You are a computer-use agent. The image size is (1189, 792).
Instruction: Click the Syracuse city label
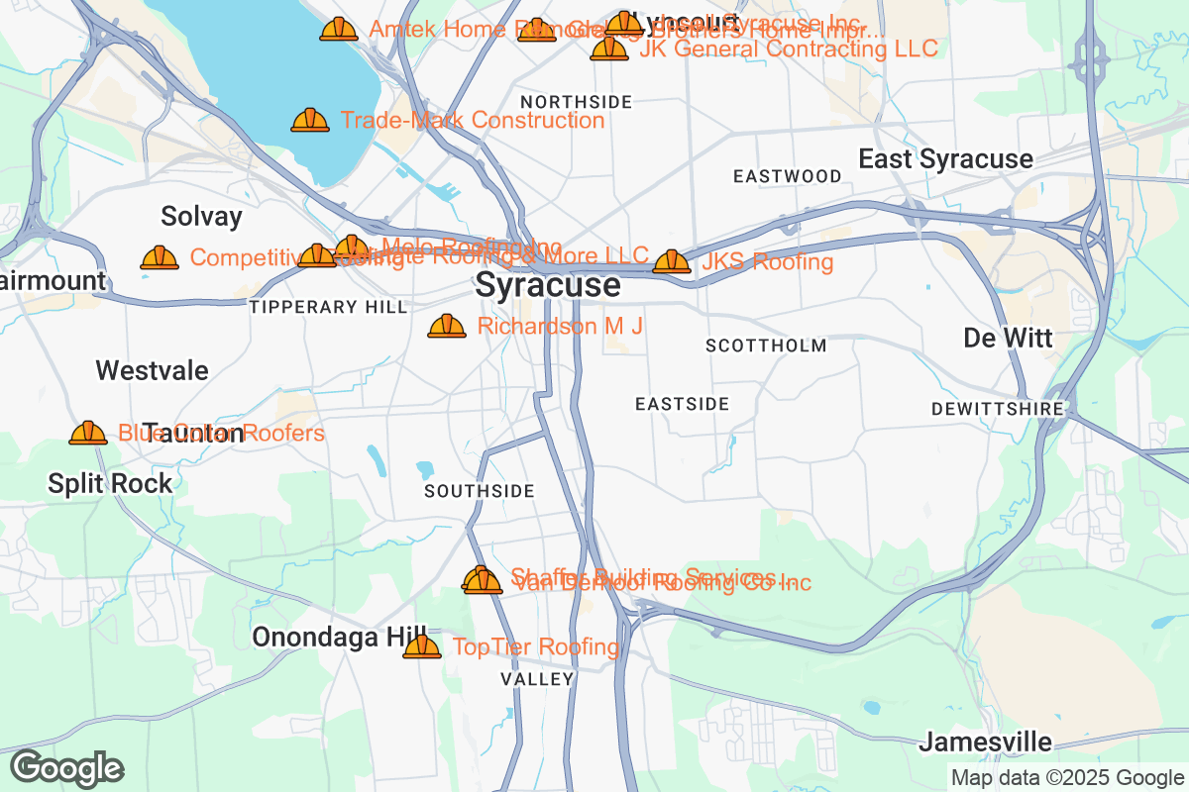click(548, 285)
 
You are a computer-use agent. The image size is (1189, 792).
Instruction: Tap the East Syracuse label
click(945, 158)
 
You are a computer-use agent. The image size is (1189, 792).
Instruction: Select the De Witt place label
click(1008, 338)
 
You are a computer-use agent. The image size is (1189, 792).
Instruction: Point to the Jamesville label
click(985, 742)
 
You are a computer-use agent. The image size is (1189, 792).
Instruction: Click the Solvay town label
click(201, 216)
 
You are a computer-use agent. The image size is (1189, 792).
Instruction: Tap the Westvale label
click(152, 370)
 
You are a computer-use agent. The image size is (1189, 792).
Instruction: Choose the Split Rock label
click(110, 483)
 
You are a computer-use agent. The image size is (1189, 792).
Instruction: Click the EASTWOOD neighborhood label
click(788, 176)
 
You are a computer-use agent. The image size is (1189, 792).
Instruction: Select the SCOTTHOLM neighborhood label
click(766, 346)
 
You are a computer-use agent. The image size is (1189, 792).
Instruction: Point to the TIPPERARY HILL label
click(328, 307)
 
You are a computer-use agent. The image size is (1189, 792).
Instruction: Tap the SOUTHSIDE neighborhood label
click(480, 491)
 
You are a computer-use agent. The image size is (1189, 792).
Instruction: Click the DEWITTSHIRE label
click(997, 409)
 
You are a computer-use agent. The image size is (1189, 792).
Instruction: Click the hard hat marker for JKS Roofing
click(672, 261)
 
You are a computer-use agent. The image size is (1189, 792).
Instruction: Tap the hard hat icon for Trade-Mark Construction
click(310, 120)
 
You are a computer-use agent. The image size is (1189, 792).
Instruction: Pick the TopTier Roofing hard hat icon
click(421, 646)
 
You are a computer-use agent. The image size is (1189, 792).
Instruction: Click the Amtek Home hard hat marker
click(339, 29)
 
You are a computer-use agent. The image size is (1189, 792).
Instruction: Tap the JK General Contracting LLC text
click(788, 49)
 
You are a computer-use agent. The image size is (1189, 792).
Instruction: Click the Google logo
click(66, 768)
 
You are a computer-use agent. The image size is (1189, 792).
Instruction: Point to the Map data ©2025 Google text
click(1067, 777)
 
